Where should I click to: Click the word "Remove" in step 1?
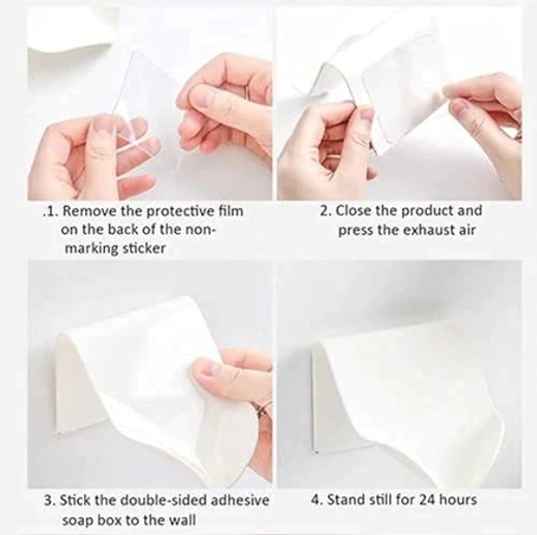(89, 211)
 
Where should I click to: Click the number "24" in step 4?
(428, 499)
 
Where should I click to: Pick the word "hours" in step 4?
(461, 499)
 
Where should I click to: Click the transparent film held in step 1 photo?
(143, 108)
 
